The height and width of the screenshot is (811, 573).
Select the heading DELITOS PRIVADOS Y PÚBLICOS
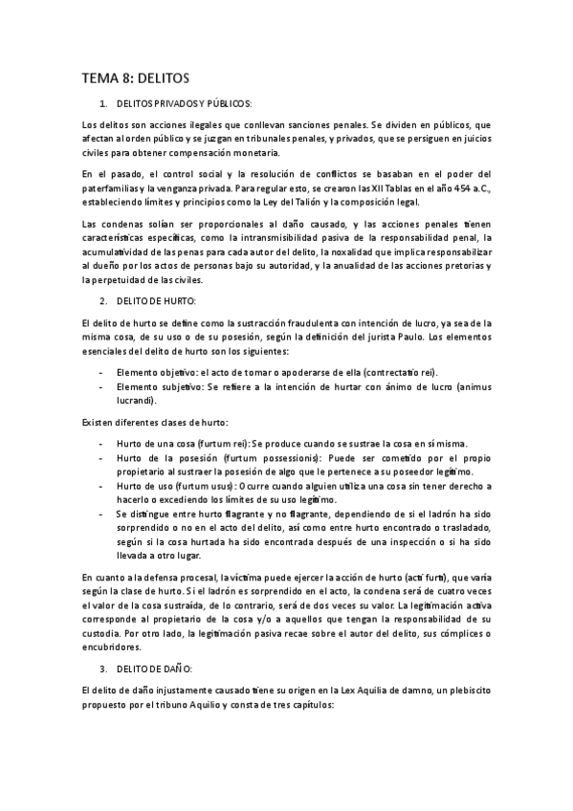(184, 102)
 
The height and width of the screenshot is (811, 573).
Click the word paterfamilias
(113, 187)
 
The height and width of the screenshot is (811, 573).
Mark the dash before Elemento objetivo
(101, 372)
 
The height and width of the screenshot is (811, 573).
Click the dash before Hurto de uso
(101, 487)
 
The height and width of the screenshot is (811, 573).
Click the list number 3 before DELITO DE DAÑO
(102, 667)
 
